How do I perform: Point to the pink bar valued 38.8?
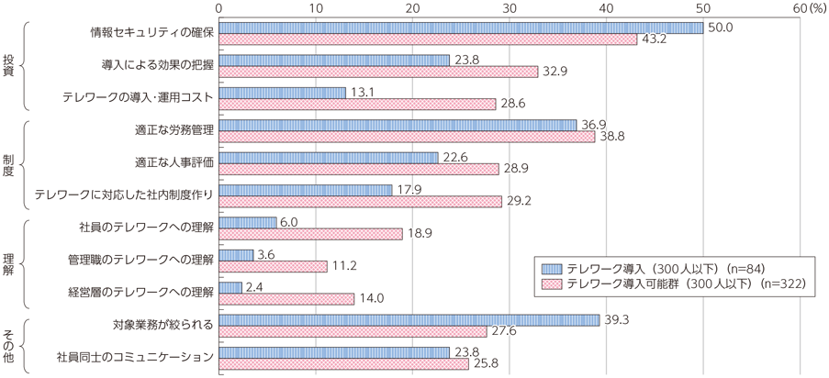408,136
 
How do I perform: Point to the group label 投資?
8,66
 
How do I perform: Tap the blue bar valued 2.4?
231,287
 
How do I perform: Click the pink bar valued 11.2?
274,266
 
